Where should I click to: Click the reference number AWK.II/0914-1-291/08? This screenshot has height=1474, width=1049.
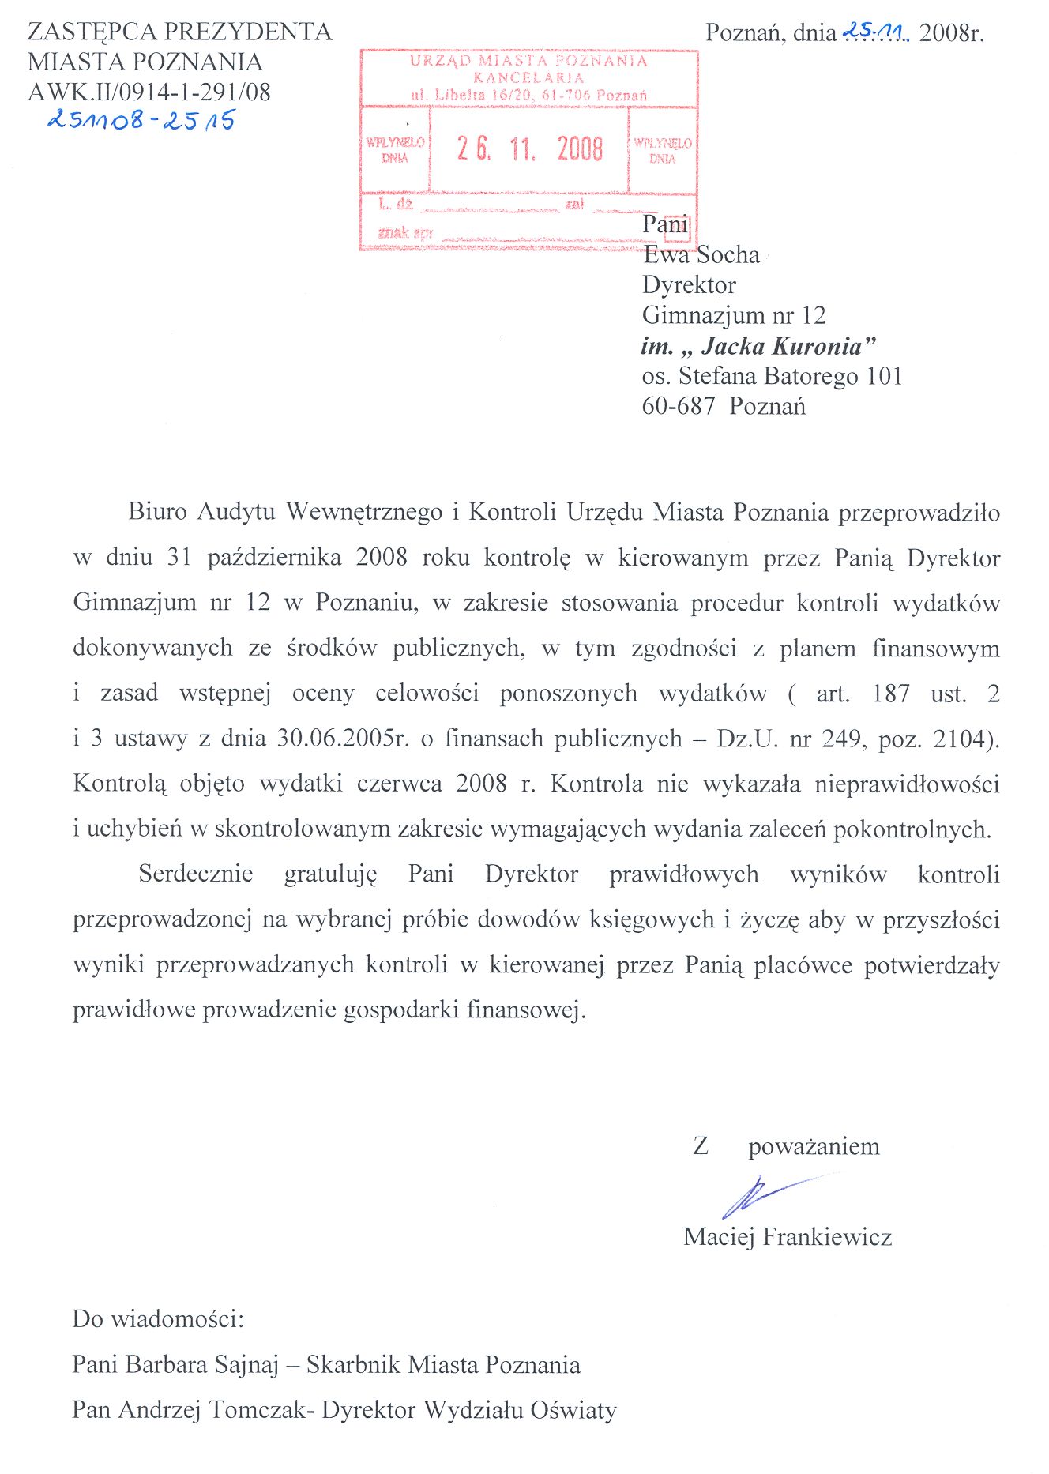tap(149, 92)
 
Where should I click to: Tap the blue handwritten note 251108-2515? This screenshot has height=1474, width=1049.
tap(141, 120)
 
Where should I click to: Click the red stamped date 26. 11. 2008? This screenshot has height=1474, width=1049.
tap(529, 149)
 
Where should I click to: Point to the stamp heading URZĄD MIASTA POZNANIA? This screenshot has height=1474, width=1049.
tap(528, 61)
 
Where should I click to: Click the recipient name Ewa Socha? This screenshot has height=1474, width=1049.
tap(701, 254)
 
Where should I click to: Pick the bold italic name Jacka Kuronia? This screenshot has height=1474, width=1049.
tap(788, 346)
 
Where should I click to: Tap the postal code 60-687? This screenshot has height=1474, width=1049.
tap(679, 406)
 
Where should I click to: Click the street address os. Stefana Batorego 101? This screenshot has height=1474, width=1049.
tap(772, 376)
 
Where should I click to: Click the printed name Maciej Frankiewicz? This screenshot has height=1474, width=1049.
tap(788, 1236)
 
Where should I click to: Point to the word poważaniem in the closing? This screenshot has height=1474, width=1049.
tap(814, 1146)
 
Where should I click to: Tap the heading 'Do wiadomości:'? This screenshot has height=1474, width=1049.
tap(158, 1318)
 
